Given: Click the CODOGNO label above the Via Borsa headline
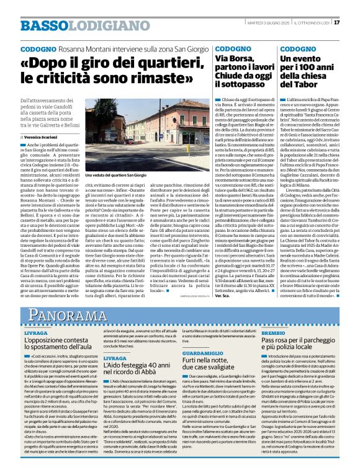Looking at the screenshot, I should pyautogui.click(x=229, y=48).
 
